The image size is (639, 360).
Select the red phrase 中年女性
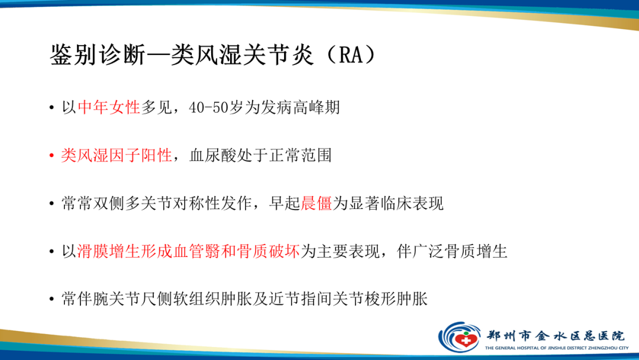click(109, 107)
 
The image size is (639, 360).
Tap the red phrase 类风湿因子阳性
click(117, 156)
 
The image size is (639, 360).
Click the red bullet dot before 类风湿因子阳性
click(52, 156)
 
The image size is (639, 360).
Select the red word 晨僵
click(317, 204)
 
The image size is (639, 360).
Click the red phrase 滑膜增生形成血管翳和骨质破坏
click(189, 251)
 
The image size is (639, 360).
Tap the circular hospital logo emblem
click(459, 337)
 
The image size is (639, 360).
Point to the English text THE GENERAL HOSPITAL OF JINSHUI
click(532, 348)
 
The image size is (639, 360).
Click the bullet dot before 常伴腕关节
click(52, 300)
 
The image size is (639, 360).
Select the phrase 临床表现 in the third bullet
click(412, 204)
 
